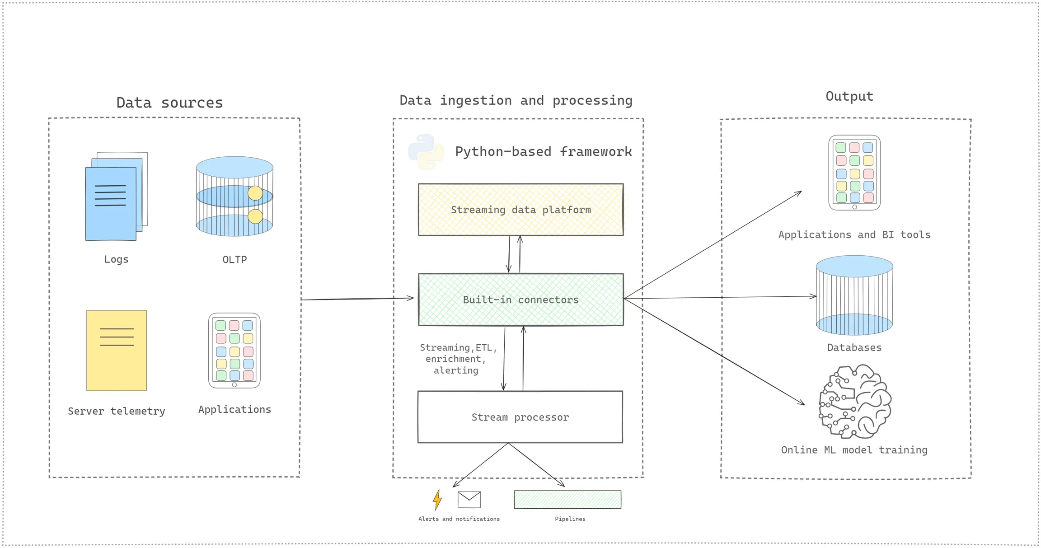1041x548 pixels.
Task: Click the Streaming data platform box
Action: tap(520, 210)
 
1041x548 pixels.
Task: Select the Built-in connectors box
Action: tap(520, 300)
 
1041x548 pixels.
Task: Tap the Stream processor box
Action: tap(520, 417)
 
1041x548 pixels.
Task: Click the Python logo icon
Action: tap(426, 152)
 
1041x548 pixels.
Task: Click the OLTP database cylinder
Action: tap(234, 197)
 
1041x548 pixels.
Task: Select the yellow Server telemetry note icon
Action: tap(117, 350)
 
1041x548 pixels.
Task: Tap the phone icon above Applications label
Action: tap(234, 350)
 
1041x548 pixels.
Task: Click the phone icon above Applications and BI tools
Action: tap(854, 173)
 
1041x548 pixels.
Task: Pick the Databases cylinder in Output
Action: tap(854, 295)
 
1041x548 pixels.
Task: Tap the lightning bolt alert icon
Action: tap(437, 500)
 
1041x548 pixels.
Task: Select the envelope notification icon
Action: tap(469, 499)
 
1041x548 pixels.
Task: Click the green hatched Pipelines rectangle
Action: tap(567, 500)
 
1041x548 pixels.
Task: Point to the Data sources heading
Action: tap(169, 103)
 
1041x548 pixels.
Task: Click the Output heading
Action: tap(849, 96)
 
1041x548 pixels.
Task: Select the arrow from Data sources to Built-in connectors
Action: tap(357, 299)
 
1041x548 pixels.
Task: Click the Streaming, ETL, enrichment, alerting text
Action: tap(457, 359)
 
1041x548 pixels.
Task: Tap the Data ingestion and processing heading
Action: tap(516, 100)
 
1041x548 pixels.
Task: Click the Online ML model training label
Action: tap(854, 450)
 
